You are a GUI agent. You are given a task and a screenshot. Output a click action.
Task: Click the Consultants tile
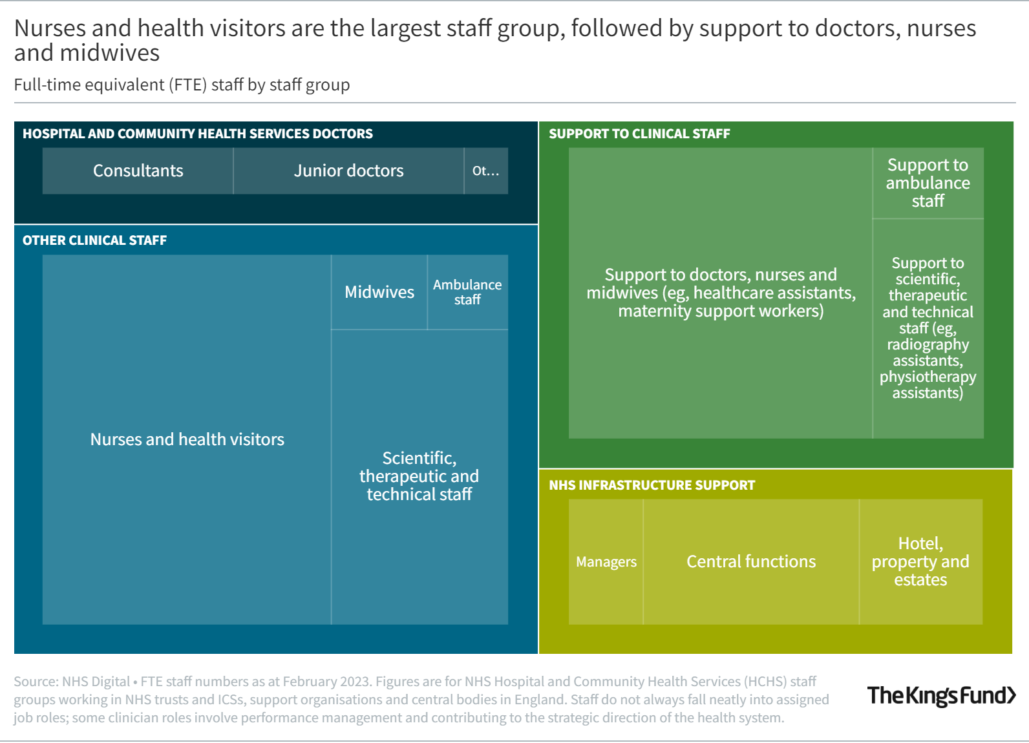click(138, 171)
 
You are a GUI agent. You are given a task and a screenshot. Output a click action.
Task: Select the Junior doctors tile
click(348, 171)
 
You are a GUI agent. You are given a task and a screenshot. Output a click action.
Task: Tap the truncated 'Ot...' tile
click(485, 171)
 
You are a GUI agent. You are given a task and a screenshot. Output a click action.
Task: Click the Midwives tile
click(379, 292)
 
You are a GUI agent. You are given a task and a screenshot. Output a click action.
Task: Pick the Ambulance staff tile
click(467, 292)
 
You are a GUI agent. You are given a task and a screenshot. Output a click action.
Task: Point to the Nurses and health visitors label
click(187, 439)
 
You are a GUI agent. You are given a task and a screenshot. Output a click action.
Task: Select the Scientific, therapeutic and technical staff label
click(419, 476)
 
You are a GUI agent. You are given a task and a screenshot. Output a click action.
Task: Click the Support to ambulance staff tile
click(928, 183)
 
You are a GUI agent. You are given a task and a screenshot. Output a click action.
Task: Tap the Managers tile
click(606, 561)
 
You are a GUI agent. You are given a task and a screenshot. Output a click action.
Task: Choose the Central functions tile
click(751, 561)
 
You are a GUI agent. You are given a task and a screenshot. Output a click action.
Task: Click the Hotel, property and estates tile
click(920, 561)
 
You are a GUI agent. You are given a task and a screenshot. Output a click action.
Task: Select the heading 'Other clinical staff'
click(94, 240)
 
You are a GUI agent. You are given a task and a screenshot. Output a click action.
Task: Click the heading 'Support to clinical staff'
click(639, 134)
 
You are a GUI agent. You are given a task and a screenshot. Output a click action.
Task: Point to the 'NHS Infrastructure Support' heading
click(652, 485)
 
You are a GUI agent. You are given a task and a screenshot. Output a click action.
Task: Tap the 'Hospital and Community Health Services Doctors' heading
click(197, 134)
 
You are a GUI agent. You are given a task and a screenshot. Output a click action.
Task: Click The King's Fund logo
click(941, 695)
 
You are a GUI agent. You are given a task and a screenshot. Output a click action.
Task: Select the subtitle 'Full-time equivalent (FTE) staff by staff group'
click(182, 85)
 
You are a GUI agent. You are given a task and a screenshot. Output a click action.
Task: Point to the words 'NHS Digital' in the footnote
click(96, 682)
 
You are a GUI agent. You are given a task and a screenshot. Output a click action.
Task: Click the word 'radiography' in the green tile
click(928, 344)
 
